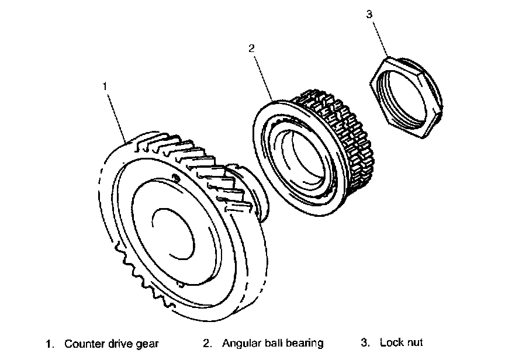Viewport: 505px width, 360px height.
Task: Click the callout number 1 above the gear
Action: (x=105, y=86)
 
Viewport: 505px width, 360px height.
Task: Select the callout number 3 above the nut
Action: (x=369, y=14)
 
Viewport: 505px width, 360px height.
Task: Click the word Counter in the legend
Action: (x=83, y=344)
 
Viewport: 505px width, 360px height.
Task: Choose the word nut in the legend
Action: (x=414, y=343)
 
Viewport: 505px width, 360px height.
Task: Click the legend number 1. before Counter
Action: (x=50, y=344)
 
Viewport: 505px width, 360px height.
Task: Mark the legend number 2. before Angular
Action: (x=207, y=343)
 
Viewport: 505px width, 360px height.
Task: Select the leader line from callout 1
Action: (x=117, y=117)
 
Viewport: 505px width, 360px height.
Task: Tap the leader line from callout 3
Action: (x=379, y=38)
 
